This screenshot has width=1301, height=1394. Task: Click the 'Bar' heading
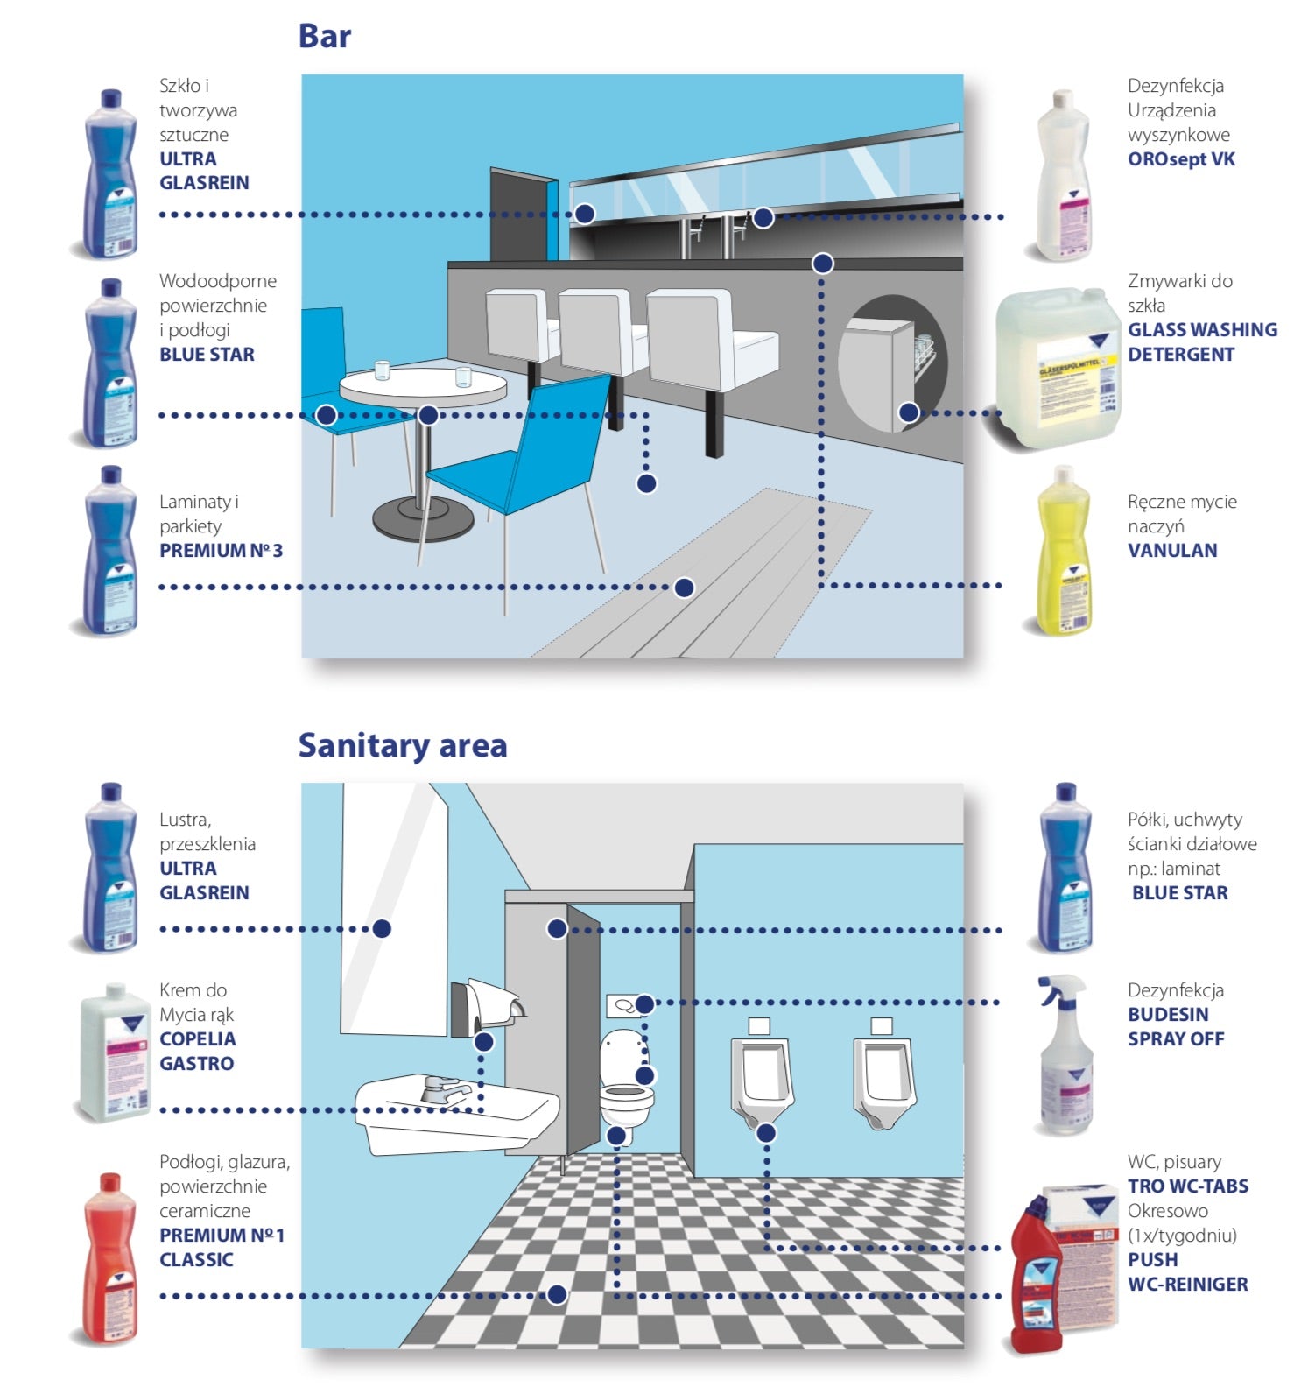pyautogui.click(x=324, y=36)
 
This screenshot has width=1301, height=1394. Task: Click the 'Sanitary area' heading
pyautogui.click(x=402, y=745)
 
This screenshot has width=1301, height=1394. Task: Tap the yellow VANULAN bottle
pyautogui.click(x=1062, y=551)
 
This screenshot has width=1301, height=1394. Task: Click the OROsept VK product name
pyautogui.click(x=1180, y=159)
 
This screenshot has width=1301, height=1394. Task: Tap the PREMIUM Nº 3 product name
pyautogui.click(x=221, y=551)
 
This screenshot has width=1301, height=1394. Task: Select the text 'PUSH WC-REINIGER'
pyautogui.click(x=1186, y=1272)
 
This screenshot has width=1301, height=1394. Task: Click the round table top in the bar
pyautogui.click(x=422, y=385)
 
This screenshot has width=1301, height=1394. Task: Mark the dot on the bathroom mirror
pyautogui.click(x=382, y=928)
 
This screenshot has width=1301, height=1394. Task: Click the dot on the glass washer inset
pyautogui.click(x=909, y=412)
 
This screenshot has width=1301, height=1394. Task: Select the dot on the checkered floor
pyautogui.click(x=556, y=1294)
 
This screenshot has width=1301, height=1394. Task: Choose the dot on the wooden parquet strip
pyautogui.click(x=684, y=587)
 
